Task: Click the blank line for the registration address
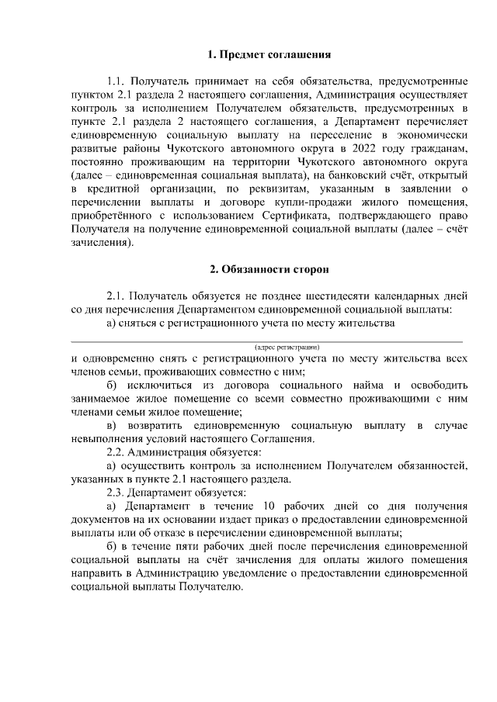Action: click(x=268, y=339)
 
